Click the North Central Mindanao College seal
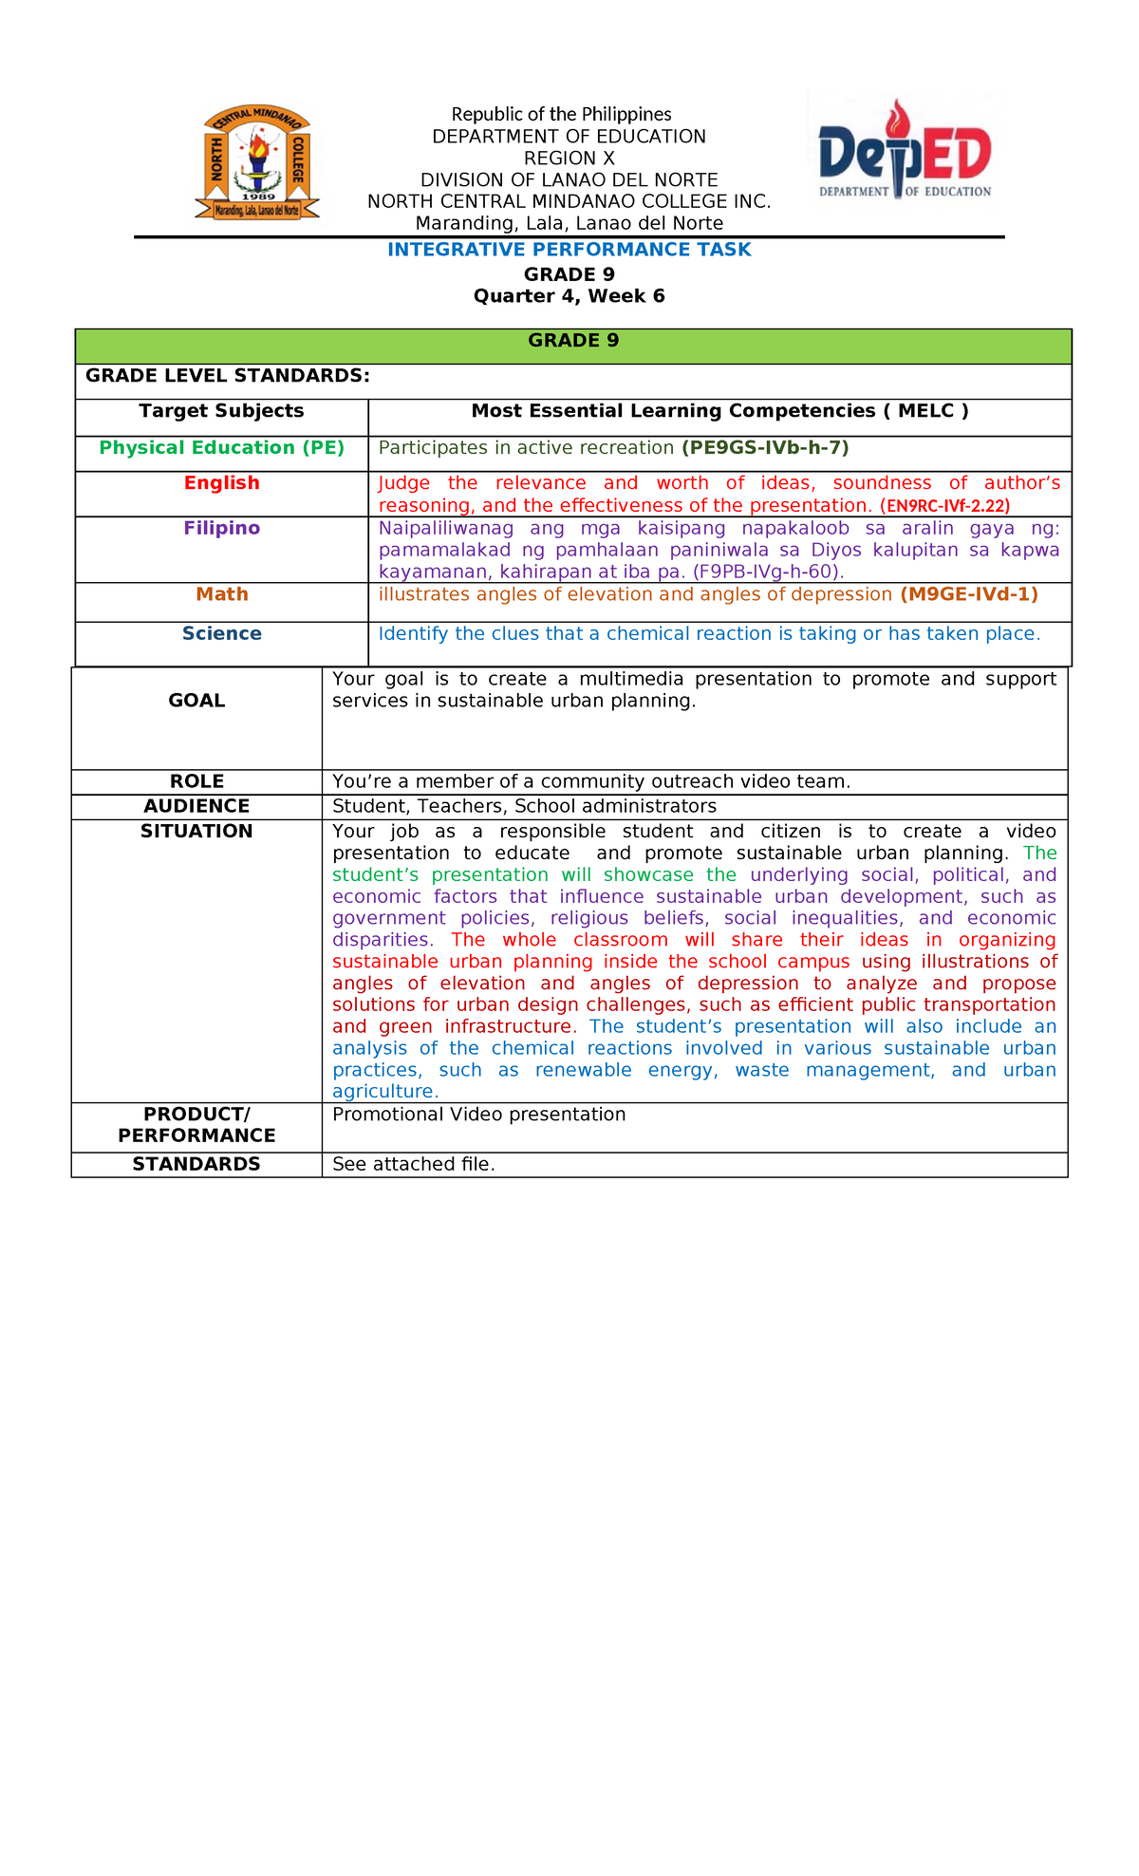[257, 163]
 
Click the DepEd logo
[905, 151]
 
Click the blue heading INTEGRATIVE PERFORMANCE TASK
[569, 250]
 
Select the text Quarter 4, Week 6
[569, 296]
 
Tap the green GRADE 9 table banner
[573, 342]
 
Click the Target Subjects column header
[221, 411]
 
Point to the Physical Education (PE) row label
[221, 448]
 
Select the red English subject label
[221, 483]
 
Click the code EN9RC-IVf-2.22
[944, 506]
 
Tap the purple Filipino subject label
[221, 529]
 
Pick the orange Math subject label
[221, 594]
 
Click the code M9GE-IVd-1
[968, 594]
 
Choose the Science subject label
[221, 634]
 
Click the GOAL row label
[196, 701]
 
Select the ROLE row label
[196, 781]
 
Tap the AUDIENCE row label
[196, 806]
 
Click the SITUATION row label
[196, 832]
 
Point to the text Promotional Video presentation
[478, 1115]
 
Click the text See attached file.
[413, 1165]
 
